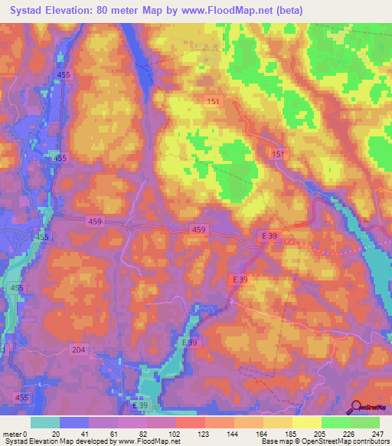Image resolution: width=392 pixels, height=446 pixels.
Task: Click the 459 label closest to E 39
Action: click(198, 230)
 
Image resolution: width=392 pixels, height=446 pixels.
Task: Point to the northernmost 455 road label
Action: click(64, 74)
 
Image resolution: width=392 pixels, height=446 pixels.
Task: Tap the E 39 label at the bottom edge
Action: click(140, 404)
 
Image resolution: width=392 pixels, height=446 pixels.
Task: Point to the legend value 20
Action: click(55, 433)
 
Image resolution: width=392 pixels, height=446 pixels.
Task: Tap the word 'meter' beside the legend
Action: click(11, 433)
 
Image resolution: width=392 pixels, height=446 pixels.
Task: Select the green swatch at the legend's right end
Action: click(365, 421)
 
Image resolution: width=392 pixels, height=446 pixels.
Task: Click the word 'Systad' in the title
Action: click(22, 11)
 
